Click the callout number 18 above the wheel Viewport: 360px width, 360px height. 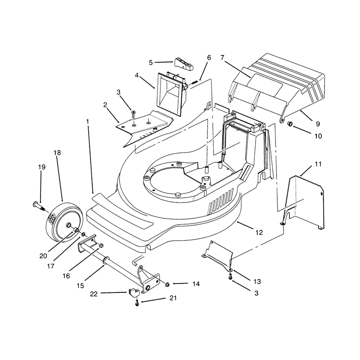(57, 153)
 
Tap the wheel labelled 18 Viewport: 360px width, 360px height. (64, 222)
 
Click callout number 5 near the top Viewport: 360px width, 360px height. (151, 63)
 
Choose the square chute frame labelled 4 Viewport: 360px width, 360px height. (171, 93)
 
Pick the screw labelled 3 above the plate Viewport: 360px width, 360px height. (134, 114)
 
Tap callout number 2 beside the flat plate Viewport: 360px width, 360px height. (105, 105)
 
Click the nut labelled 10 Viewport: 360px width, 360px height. (290, 124)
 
